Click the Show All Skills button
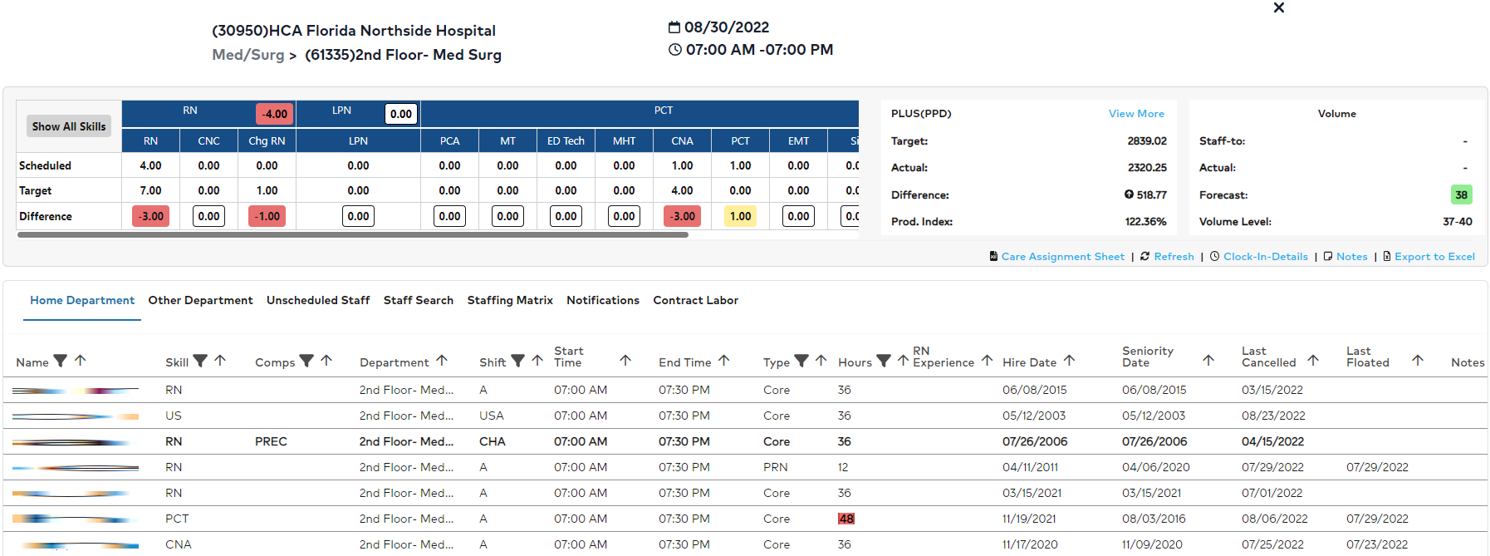point(69,126)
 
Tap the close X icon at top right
point(1279,8)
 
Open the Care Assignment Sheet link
point(1062,257)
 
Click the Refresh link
point(1174,257)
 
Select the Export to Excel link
point(1434,257)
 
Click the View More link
point(1136,114)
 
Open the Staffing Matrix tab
point(510,300)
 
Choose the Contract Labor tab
point(695,300)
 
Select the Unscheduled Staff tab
point(318,300)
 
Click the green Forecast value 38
point(1461,194)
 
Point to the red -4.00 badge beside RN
point(274,114)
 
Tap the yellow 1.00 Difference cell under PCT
point(740,216)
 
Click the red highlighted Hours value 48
point(845,519)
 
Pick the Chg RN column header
point(267,140)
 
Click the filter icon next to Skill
point(200,361)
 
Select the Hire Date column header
point(1029,362)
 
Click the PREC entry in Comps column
point(271,441)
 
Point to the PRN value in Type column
point(776,467)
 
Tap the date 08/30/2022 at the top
point(726,27)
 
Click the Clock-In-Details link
point(1265,257)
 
